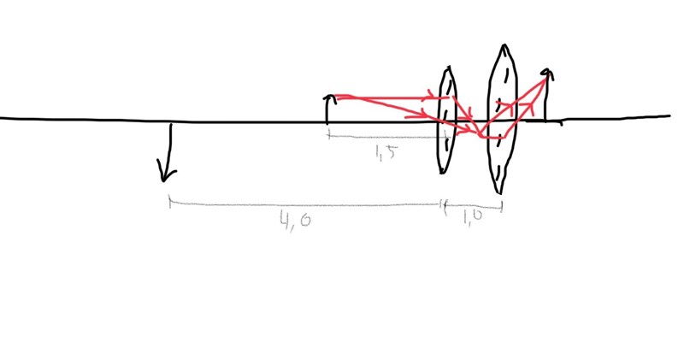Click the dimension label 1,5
pos(386,153)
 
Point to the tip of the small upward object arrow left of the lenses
pos(330,96)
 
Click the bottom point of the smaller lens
pos(442,174)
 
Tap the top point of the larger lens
pos(504,44)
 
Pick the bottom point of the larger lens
pos(498,193)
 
